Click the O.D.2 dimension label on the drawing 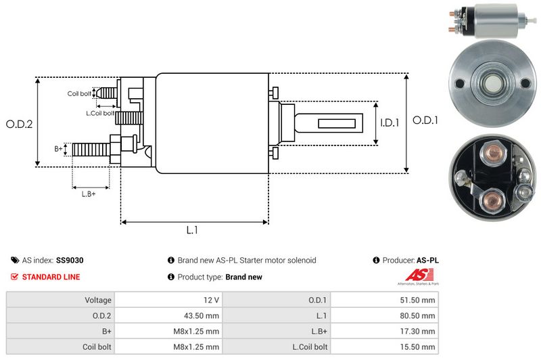pyautogui.click(x=20, y=124)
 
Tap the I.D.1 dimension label pyautogui.click(x=390, y=123)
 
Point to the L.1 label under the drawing pyautogui.click(x=192, y=230)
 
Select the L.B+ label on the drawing pyautogui.click(x=89, y=195)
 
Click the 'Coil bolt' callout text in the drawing pyautogui.click(x=79, y=93)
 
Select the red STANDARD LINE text pyautogui.click(x=51, y=277)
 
